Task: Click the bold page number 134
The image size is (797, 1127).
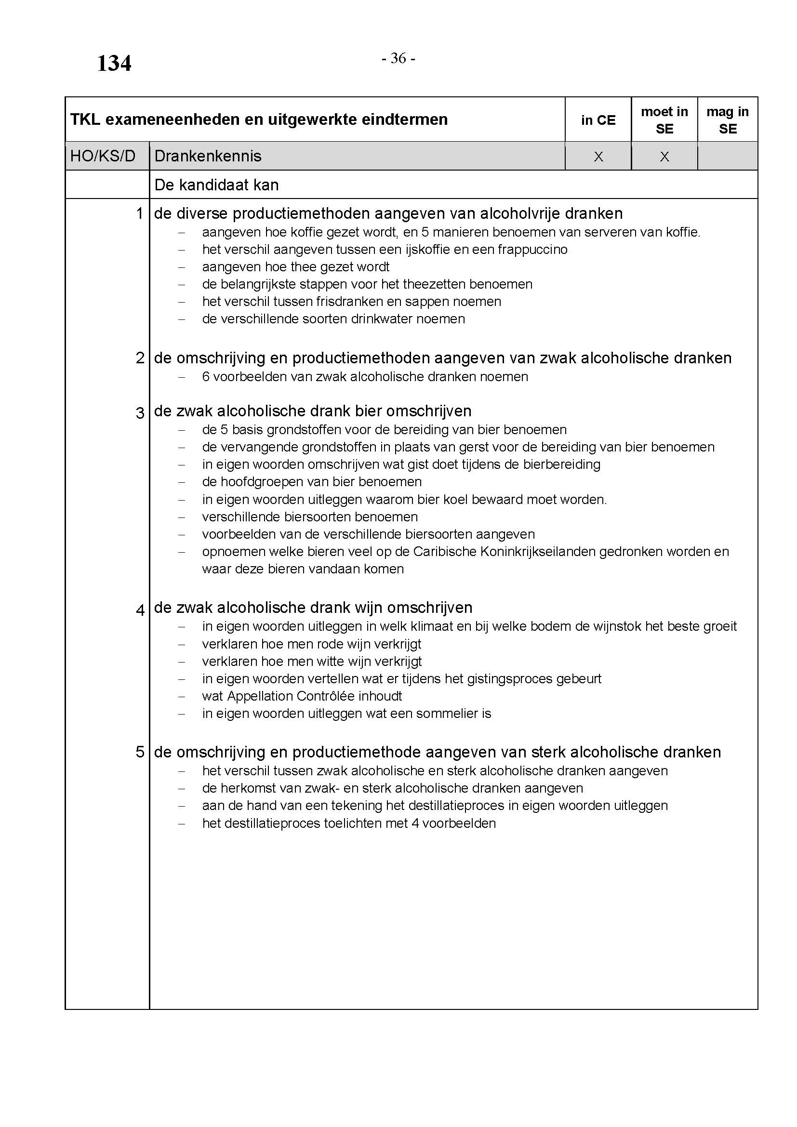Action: (x=114, y=64)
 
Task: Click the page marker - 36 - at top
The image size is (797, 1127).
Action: (x=398, y=58)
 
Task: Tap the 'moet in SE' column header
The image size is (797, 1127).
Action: (x=664, y=120)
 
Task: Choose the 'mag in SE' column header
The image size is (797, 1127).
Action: (x=727, y=120)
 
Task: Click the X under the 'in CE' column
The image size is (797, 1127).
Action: (x=598, y=157)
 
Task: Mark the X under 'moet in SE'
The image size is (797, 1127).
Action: (x=664, y=157)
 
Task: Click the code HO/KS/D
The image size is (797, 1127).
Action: (x=103, y=156)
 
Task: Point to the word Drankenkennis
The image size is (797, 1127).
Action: (x=208, y=156)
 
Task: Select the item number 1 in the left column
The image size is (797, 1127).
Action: (x=140, y=213)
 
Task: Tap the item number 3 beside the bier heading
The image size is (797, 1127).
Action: (x=140, y=413)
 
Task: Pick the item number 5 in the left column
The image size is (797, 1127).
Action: (x=140, y=752)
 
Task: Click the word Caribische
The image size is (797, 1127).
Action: (x=444, y=552)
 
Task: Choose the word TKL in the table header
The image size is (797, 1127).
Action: (x=84, y=119)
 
